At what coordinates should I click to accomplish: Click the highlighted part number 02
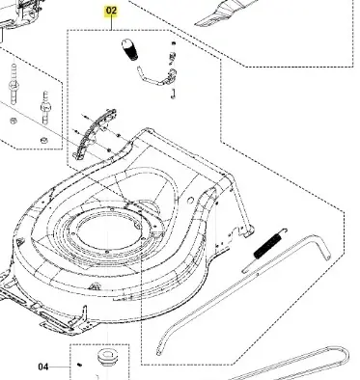click(x=111, y=11)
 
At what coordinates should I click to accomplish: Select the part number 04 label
click(x=43, y=366)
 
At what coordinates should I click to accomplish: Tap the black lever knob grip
click(x=129, y=50)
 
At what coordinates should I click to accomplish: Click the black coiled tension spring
click(x=267, y=246)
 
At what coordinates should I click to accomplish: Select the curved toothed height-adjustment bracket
click(x=95, y=134)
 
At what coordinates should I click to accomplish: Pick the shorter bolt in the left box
click(x=45, y=108)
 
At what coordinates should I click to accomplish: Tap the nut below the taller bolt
click(x=14, y=121)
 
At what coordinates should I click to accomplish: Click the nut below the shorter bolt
click(x=43, y=140)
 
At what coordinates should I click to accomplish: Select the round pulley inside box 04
click(x=107, y=356)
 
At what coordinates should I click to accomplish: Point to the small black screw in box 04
click(x=80, y=365)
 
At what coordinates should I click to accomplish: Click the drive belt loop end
click(x=345, y=354)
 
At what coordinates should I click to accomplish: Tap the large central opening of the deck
click(x=109, y=230)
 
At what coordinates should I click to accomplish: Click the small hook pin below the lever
click(x=173, y=94)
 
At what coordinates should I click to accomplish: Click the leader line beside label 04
click(x=60, y=366)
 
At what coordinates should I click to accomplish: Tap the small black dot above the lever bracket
click(x=174, y=43)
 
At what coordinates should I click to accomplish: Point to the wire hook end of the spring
click(x=283, y=231)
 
